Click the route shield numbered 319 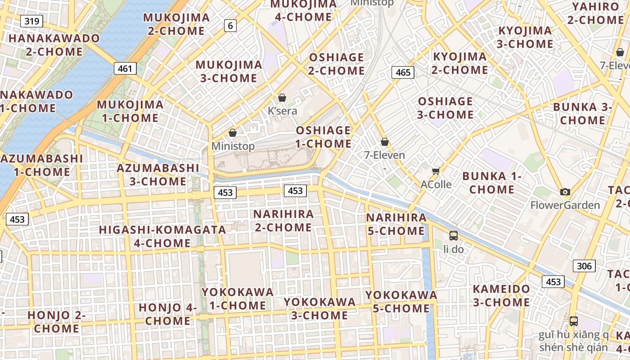coord(31,21)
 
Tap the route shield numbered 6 coord(230,26)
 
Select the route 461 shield coord(125,68)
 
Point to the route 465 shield coord(403,72)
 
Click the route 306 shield coord(584,266)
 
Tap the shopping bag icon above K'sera coord(282,98)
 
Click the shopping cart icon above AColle coord(436,171)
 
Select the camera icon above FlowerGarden coord(565,192)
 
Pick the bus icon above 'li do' coord(454,236)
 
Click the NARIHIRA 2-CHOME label coord(283,220)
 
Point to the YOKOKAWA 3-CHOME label coord(319,308)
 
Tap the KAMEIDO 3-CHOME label coord(501,295)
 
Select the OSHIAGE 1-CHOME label coord(323,137)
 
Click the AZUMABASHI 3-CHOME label coord(157,175)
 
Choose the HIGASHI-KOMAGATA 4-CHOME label coord(162,236)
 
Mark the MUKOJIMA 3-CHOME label coord(229,71)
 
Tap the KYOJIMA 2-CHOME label coord(459,63)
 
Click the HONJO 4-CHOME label coord(168,314)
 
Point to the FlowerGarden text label coord(565,205)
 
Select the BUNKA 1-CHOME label coord(491,183)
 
